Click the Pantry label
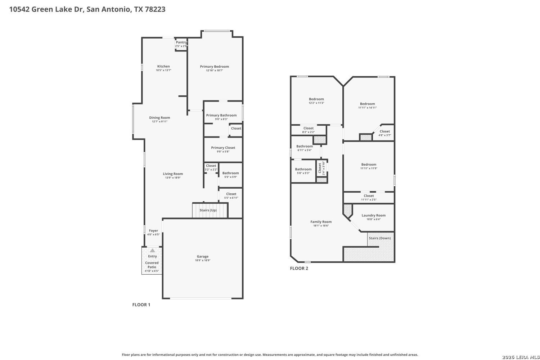pyautogui.click(x=181, y=42)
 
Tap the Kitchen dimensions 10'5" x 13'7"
pyautogui.click(x=163, y=70)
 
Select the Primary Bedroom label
pyautogui.click(x=214, y=67)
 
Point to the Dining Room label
pyautogui.click(x=159, y=118)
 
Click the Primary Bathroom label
pyautogui.click(x=221, y=115)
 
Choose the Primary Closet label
pyautogui.click(x=223, y=148)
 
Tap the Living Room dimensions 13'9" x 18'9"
pyautogui.click(x=173, y=178)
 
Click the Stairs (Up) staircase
pyautogui.click(x=210, y=211)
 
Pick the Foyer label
pyautogui.click(x=154, y=230)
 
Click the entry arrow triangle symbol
pyautogui.click(x=152, y=251)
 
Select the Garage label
pyautogui.click(x=202, y=256)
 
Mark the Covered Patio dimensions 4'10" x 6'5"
pyautogui.click(x=152, y=271)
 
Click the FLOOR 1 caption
pyautogui.click(x=141, y=305)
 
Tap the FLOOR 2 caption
pyautogui.click(x=299, y=268)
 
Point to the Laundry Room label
pyautogui.click(x=373, y=215)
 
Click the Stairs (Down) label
pyautogui.click(x=380, y=238)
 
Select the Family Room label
pyautogui.click(x=321, y=222)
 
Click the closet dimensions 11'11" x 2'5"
pyautogui.click(x=369, y=200)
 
